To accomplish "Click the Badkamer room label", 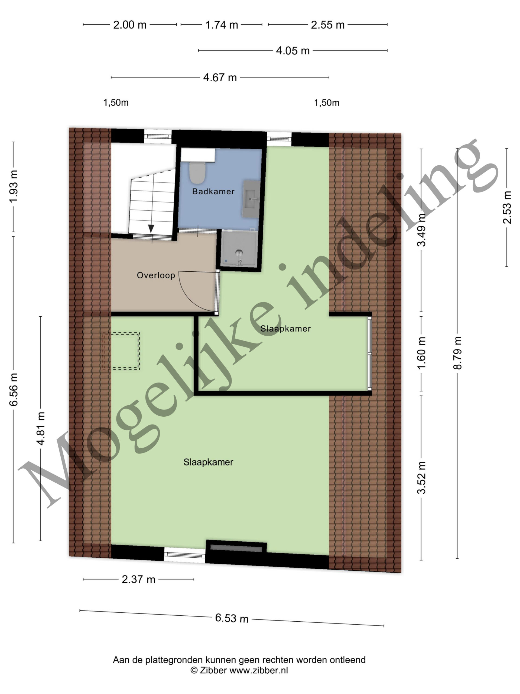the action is point(213,191).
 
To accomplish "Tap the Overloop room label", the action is point(156,275).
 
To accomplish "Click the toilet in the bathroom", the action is point(197,173).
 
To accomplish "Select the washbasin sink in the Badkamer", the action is point(251,199).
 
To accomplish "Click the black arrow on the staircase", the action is point(151,229).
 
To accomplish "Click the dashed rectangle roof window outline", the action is point(122,351).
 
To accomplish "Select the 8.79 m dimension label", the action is point(458,353).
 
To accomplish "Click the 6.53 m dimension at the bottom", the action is point(232,618).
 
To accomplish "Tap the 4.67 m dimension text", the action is point(220,77).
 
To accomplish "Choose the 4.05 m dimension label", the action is point(293,50).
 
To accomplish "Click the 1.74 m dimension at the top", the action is point(222,25).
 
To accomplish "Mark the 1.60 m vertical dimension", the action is point(422,353).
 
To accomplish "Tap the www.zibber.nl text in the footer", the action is point(259,670).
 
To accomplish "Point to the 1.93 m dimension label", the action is point(14,186).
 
